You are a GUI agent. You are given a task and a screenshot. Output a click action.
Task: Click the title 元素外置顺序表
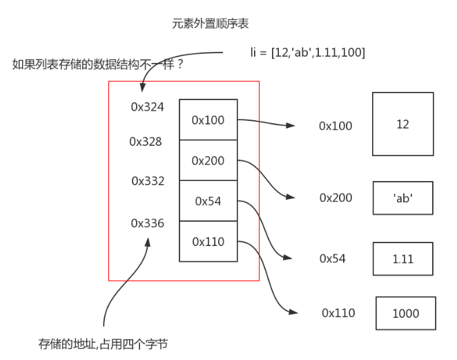click(210, 23)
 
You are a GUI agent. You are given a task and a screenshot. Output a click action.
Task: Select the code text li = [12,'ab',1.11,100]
click(307, 52)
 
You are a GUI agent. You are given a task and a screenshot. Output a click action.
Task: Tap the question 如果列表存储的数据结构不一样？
click(97, 64)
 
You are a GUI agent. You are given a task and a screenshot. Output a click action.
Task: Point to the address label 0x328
click(146, 142)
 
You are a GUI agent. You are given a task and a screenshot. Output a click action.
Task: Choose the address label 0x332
click(148, 181)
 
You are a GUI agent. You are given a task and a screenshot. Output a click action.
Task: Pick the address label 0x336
click(148, 223)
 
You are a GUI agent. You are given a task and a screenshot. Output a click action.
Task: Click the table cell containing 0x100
click(208, 120)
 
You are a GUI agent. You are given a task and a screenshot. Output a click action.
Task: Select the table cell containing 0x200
click(208, 160)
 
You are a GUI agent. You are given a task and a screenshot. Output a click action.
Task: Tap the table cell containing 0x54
click(208, 201)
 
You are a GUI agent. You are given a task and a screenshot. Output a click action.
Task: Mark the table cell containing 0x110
click(208, 241)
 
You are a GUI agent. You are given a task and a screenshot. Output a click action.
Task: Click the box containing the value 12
click(402, 124)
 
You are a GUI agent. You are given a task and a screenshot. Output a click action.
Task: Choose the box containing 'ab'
click(402, 198)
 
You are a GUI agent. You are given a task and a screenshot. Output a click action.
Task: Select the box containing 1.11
click(402, 258)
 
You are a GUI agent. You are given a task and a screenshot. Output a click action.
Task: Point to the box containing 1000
click(406, 313)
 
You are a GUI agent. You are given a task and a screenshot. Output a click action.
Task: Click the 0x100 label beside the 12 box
click(336, 126)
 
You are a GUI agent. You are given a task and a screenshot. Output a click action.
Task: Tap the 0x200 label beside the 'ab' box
click(336, 198)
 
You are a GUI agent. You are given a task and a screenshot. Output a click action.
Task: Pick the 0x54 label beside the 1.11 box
click(332, 258)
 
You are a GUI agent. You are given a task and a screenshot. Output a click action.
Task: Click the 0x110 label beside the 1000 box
click(338, 313)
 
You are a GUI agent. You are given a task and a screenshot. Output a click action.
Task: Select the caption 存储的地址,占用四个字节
click(104, 343)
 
